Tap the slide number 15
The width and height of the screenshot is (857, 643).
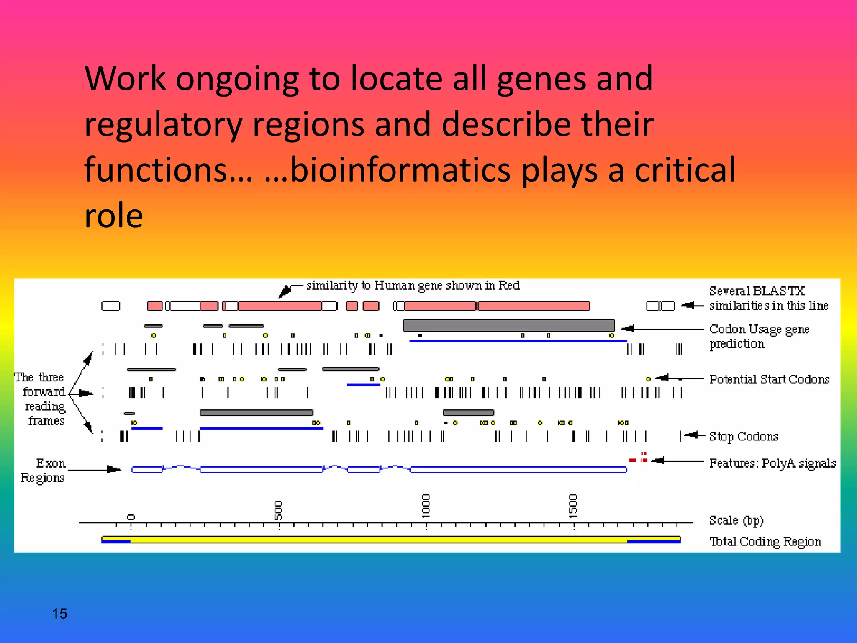59,614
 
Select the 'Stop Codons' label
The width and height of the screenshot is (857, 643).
743,436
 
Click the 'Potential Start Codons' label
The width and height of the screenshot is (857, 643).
769,379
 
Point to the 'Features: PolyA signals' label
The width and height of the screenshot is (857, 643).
772,463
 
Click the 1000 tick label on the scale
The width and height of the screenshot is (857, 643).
426,506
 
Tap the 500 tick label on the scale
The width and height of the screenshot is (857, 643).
278,510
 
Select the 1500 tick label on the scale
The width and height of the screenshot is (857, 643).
573,506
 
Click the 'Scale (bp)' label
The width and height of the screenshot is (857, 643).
736,520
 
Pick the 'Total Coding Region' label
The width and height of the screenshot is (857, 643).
765,542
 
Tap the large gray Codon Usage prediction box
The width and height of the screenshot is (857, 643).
508,325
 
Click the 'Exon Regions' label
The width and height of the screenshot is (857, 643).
44,470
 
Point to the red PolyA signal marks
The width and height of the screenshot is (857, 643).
639,458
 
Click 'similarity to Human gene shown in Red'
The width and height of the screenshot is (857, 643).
413,286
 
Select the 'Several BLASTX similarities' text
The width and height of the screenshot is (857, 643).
768,298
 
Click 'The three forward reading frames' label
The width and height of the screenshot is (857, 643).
41,399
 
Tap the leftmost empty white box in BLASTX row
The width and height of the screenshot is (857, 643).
110,306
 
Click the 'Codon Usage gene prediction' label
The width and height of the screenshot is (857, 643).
759,336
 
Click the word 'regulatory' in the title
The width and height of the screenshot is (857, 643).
163,124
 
